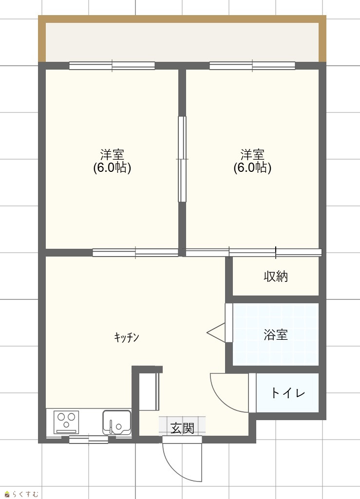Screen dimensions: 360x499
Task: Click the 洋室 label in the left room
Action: pyautogui.click(x=112, y=155)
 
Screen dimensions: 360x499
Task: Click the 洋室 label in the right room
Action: pyautogui.click(x=252, y=155)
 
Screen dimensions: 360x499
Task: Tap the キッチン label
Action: pyautogui.click(x=127, y=337)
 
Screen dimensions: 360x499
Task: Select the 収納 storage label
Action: pyautogui.click(x=276, y=276)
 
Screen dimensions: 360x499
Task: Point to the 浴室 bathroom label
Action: pyautogui.click(x=276, y=334)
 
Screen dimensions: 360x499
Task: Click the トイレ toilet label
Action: pyautogui.click(x=288, y=393)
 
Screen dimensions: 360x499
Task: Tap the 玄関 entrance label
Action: pyautogui.click(x=182, y=428)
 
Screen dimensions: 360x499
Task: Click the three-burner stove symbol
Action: pyautogui.click(x=66, y=422)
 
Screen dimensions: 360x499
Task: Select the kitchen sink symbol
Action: pyautogui.click(x=116, y=423)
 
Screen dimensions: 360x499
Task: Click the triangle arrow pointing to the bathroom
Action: pyautogui.click(x=216, y=333)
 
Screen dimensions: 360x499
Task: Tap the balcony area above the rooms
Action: pyautogui.click(x=182, y=42)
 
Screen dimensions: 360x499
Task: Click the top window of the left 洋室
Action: pyautogui.click(x=112, y=66)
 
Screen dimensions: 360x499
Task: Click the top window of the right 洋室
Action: pyautogui.click(x=252, y=66)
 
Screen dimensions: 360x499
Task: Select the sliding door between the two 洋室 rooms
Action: pyautogui.click(x=182, y=159)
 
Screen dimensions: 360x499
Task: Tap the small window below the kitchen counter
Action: pyautogui.click(x=89, y=440)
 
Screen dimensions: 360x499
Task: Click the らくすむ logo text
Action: pyautogui.click(x=25, y=494)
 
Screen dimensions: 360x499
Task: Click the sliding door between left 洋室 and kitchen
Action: pyautogui.click(x=135, y=253)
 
